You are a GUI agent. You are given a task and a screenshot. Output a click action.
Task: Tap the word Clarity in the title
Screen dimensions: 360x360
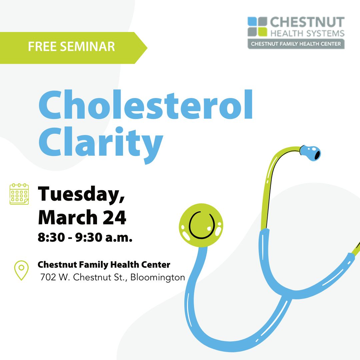[101, 145]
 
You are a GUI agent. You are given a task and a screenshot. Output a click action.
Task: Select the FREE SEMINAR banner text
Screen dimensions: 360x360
[71, 47]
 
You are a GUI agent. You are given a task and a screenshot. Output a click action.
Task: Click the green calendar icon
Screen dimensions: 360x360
[19, 194]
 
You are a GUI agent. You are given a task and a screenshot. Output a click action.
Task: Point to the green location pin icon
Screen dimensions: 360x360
[21, 270]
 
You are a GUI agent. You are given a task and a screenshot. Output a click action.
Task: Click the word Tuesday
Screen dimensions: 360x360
[82, 194]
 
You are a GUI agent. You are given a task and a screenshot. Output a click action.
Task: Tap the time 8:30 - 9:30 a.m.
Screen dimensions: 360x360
[85, 237]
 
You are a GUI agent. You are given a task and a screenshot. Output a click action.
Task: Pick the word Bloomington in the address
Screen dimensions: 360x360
[157, 278]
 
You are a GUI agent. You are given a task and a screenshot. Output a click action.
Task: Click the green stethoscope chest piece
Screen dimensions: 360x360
[201, 225]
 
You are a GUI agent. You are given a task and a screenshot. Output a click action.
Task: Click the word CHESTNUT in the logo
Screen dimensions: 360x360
[307, 22]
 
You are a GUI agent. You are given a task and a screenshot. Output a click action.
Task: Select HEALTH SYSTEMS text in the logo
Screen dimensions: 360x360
[307, 33]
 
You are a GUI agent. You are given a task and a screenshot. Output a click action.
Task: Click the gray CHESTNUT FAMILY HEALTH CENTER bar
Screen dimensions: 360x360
[296, 44]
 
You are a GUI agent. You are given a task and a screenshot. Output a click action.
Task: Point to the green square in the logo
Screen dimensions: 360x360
[262, 32]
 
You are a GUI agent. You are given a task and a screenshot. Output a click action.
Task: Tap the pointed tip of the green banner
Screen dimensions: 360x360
[147, 48]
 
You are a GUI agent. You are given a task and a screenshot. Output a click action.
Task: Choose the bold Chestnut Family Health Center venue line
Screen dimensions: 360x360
[104, 265]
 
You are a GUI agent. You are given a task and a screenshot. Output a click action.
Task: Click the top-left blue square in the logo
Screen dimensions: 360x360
[252, 21]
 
